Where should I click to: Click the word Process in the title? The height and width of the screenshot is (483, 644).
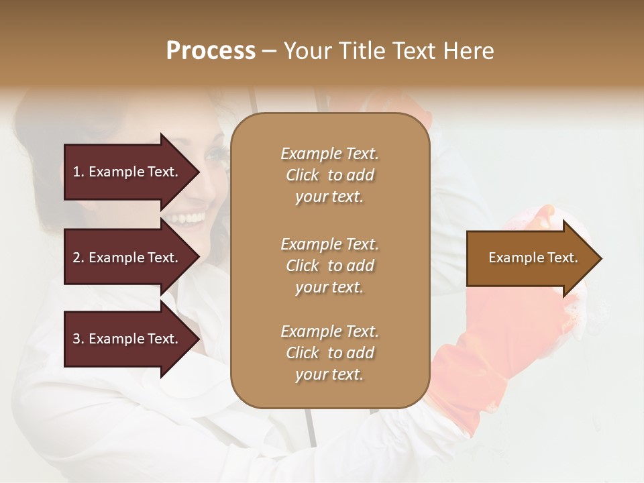pyautogui.click(x=211, y=51)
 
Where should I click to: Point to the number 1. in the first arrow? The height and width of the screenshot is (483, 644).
pyautogui.click(x=78, y=172)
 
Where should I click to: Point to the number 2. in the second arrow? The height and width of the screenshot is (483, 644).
pyautogui.click(x=78, y=258)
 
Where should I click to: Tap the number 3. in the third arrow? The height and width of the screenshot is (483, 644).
pyautogui.click(x=78, y=339)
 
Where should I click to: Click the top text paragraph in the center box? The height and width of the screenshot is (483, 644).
pyautogui.click(x=329, y=175)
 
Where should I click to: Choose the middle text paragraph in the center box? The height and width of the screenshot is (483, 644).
pyautogui.click(x=329, y=266)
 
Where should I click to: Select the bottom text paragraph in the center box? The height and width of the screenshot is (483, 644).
pyautogui.click(x=329, y=353)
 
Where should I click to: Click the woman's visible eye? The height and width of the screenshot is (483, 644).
pyautogui.click(x=217, y=155)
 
